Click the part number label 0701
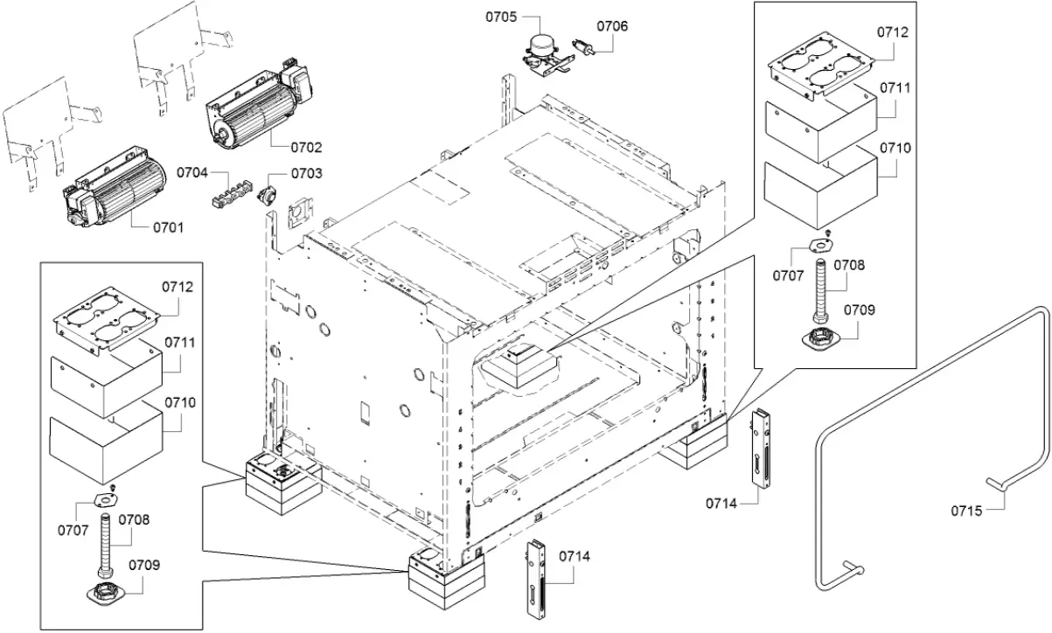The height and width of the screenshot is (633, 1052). [169, 228]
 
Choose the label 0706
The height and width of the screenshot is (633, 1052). [612, 26]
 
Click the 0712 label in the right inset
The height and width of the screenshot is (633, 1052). [893, 32]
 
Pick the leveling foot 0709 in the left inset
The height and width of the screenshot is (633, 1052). [107, 591]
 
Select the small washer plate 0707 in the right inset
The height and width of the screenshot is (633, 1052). [823, 247]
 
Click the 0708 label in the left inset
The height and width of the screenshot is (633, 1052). [135, 519]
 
